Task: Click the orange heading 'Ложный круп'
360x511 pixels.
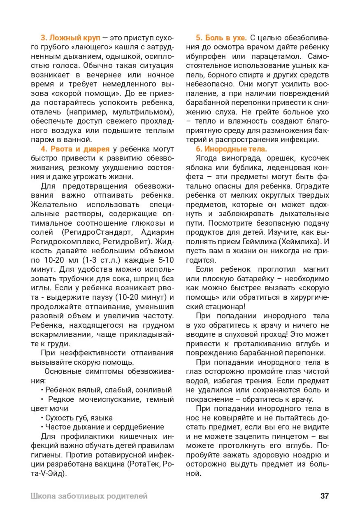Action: [74, 37]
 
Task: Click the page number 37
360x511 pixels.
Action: [325, 496]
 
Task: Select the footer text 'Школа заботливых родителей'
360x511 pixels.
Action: [89, 496]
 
